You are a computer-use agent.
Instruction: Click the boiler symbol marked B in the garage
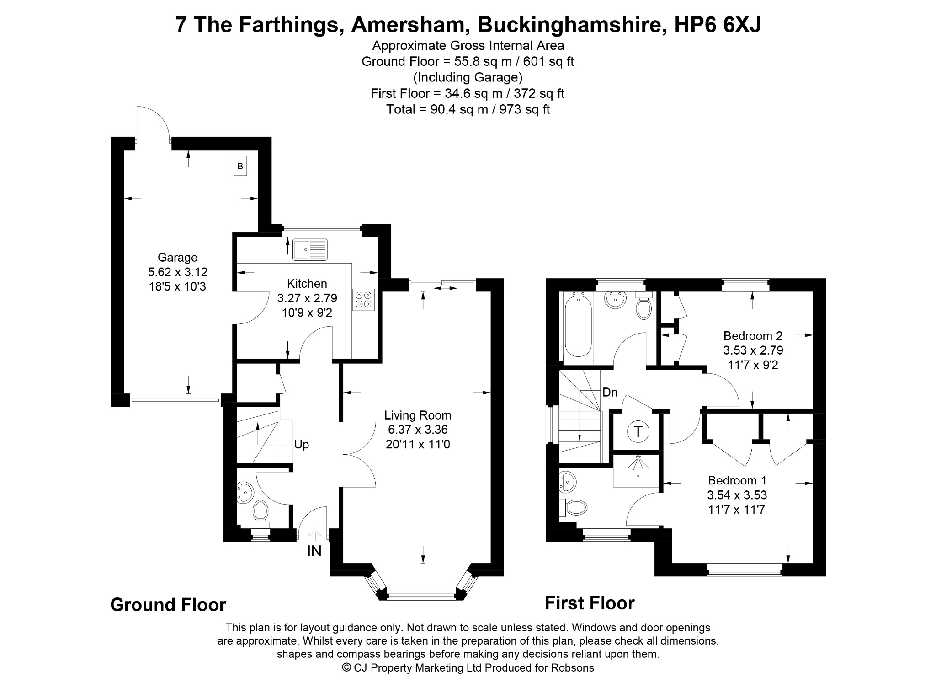240,166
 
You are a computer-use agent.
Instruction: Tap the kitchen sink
311,249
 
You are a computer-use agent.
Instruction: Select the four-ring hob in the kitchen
364,300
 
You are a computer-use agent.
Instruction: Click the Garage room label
177,257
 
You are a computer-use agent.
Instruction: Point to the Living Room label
418,415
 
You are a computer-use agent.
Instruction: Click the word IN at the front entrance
314,551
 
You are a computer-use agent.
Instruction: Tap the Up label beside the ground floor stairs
302,445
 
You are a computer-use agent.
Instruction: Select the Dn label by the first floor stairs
610,392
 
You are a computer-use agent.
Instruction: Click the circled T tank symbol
638,431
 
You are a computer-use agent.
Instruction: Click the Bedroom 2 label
753,336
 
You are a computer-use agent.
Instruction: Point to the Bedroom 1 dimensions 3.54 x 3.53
737,495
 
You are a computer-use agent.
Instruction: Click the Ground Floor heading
168,605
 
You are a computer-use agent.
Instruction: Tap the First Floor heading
590,603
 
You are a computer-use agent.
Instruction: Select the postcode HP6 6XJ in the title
718,25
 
